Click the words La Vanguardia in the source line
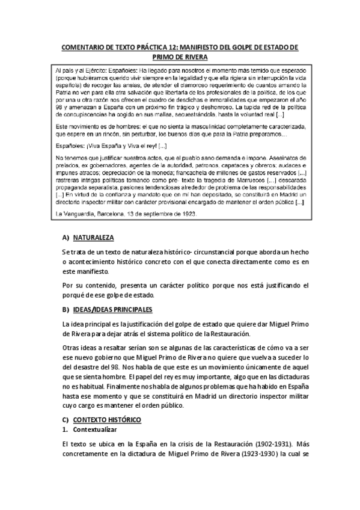76,214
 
